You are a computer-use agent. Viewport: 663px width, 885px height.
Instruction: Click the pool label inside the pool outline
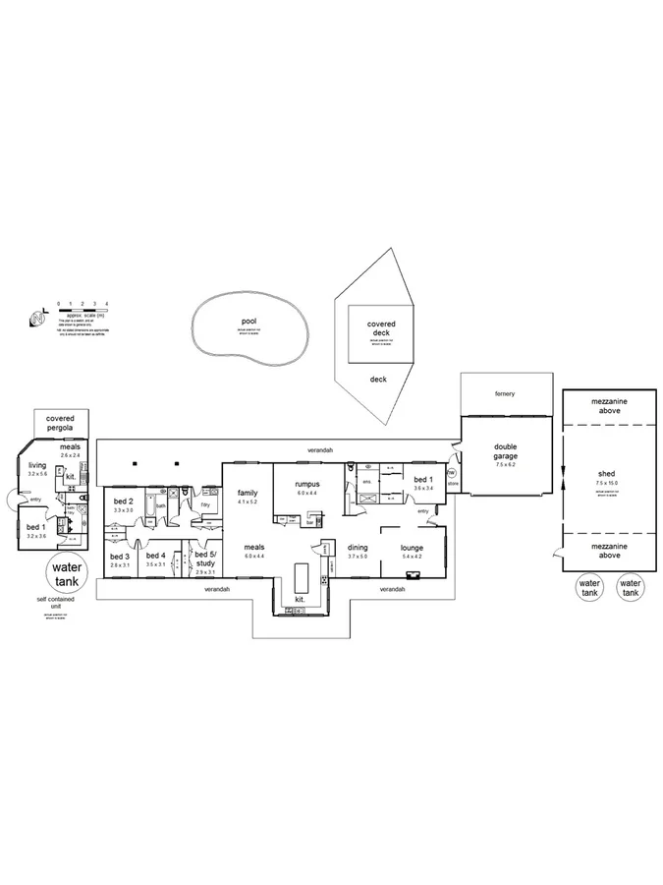click(x=248, y=322)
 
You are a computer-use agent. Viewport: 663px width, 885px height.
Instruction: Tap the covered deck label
click(x=379, y=327)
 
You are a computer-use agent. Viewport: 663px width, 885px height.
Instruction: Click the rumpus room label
click(x=307, y=484)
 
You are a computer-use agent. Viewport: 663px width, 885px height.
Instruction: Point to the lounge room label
click(x=412, y=548)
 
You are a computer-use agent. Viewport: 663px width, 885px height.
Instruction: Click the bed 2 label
click(x=123, y=501)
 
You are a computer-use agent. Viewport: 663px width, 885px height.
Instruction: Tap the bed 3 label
click(x=120, y=556)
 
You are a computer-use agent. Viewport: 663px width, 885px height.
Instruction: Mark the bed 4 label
click(x=156, y=556)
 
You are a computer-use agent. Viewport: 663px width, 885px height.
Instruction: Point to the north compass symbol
click(x=37, y=318)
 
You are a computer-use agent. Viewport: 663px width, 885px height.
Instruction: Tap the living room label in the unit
click(x=37, y=465)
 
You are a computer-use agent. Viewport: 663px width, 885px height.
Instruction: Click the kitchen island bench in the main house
click(x=302, y=574)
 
